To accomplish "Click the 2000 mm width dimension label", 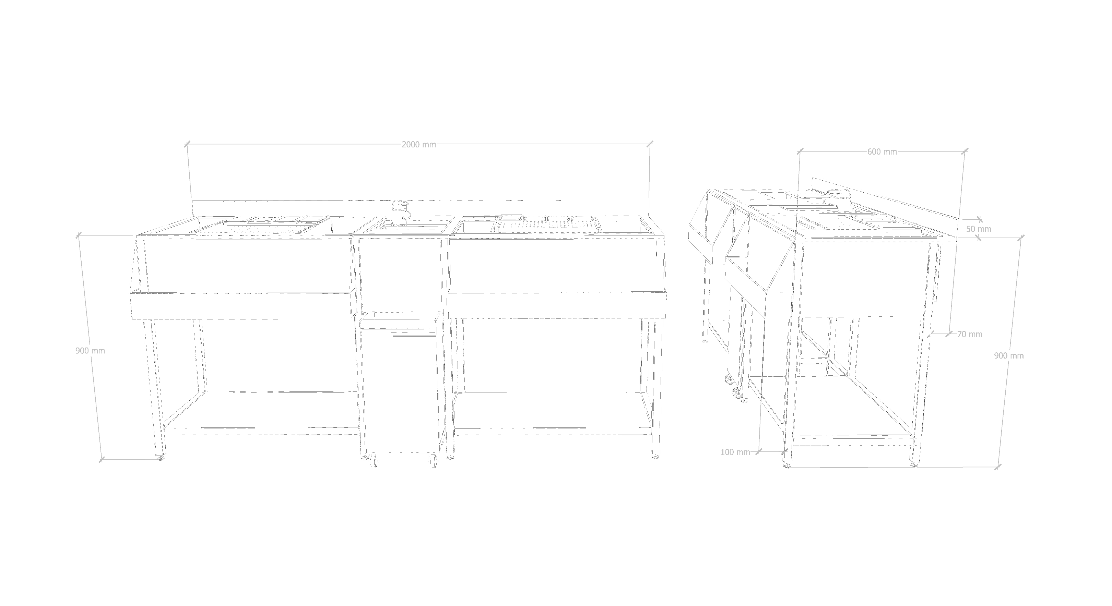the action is (419, 145).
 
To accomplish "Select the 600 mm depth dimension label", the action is (882, 152).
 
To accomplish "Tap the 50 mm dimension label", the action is (978, 229).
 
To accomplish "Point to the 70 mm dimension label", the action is (970, 334).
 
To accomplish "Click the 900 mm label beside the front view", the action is (90, 351).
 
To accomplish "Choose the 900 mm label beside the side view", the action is (1009, 356).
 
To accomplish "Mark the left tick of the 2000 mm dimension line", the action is (187, 145).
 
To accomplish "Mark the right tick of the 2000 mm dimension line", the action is (651, 144).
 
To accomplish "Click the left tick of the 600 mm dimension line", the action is (800, 151).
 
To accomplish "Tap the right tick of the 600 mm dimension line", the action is (965, 151).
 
